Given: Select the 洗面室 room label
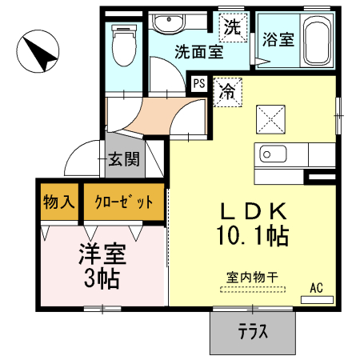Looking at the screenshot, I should (198, 54).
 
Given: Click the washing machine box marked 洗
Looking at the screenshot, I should (232, 28).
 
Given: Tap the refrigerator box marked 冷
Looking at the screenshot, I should (227, 90).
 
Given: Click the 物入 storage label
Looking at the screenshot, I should (58, 201).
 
